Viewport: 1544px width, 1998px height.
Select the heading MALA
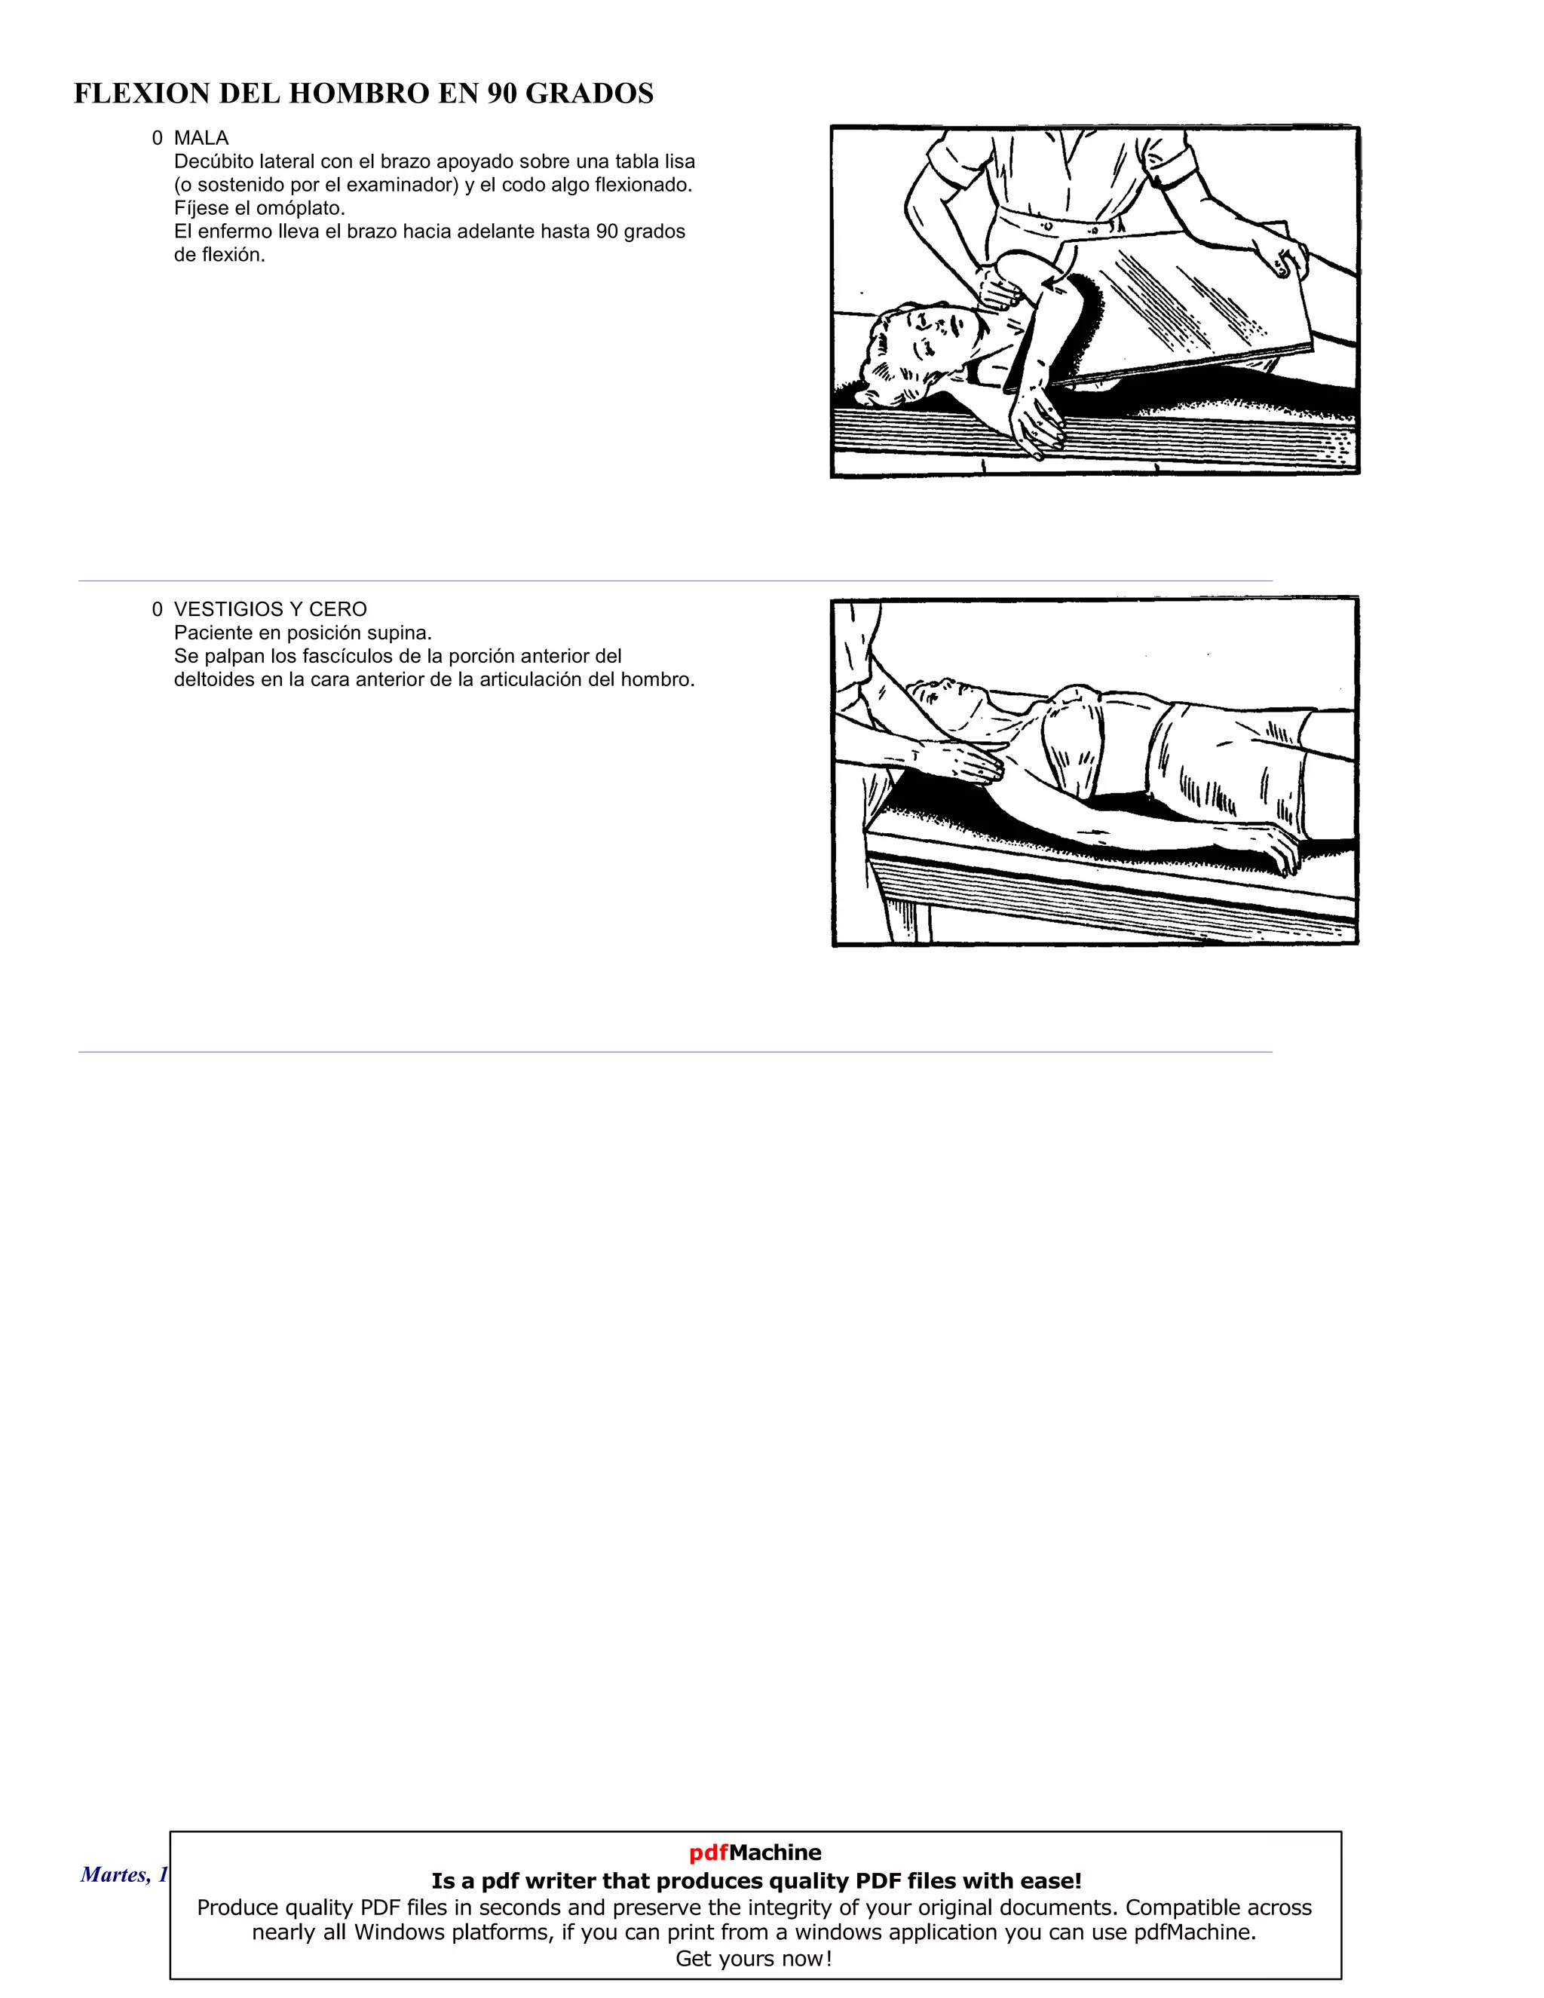pos(201,138)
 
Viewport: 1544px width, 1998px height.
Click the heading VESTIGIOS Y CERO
pos(270,609)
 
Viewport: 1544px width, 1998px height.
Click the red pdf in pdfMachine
pos(708,1852)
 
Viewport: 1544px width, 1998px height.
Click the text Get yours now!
pos(754,1959)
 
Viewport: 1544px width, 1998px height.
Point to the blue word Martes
pos(112,1874)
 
